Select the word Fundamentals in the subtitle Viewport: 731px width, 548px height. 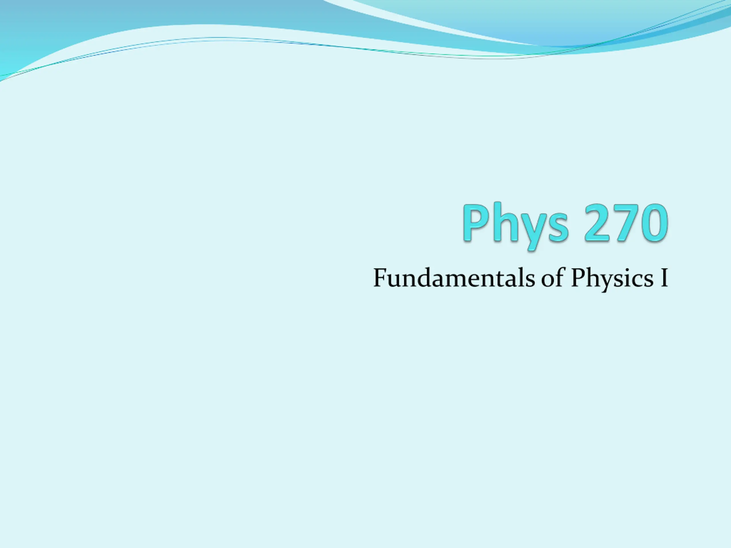pyautogui.click(x=454, y=278)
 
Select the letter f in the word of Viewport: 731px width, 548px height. pyautogui.click(x=559, y=277)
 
